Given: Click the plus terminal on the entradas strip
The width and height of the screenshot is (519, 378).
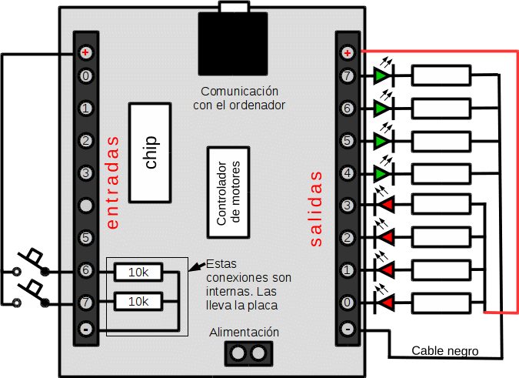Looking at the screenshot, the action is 85,52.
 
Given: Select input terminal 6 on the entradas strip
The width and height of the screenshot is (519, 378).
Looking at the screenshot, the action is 85,270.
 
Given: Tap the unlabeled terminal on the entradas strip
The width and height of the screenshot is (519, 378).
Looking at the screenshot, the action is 85,206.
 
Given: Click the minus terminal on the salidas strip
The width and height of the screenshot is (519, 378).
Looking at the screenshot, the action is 348,329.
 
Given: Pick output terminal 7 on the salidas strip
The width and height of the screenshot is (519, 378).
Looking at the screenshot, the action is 348,76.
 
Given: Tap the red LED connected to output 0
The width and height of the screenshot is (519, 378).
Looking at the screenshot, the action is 384,303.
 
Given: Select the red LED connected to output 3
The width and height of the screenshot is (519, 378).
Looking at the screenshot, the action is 384,205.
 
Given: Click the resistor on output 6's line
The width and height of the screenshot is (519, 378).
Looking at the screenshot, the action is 441,109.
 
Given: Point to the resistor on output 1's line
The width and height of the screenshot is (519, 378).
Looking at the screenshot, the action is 441,270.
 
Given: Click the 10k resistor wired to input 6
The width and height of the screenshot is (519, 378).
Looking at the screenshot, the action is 138,273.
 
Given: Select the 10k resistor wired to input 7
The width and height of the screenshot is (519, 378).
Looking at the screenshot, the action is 138,302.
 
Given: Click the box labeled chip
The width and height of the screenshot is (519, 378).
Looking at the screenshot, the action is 150,152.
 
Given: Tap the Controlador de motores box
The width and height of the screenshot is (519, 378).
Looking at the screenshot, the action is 228,192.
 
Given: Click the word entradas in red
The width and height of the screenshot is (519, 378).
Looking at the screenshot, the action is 112,182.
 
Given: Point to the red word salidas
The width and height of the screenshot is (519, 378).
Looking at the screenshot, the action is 316,209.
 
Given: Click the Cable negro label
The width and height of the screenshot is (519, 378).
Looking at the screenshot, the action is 445,351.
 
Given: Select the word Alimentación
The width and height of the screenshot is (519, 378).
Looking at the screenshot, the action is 244,333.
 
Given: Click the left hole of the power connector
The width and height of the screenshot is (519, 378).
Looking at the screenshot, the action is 238,353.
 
